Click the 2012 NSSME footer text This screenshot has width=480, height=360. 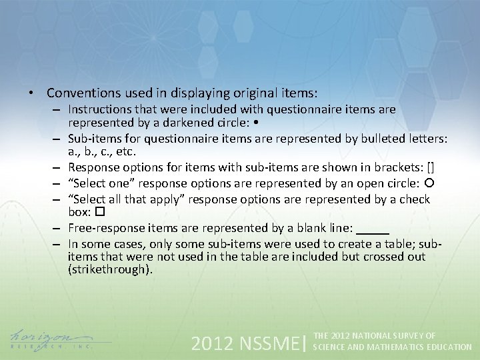245,343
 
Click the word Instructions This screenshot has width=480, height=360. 99,109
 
